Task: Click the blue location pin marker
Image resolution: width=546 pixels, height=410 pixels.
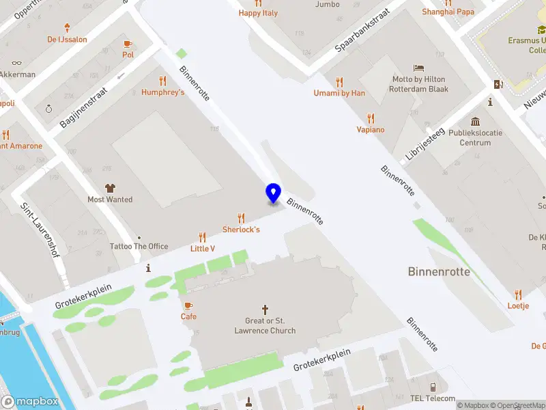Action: point(273,193)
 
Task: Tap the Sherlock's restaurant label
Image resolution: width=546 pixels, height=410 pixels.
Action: point(241,230)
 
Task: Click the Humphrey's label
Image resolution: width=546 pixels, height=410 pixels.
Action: point(163,92)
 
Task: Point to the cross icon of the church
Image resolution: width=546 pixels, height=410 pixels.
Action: point(265,309)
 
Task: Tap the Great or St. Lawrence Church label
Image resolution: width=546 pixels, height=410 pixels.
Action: point(265,326)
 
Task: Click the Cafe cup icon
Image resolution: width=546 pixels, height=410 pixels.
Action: point(188,305)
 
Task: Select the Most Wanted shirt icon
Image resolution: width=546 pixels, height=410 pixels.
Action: point(110,187)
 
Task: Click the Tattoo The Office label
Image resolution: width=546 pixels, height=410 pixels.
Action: point(139,246)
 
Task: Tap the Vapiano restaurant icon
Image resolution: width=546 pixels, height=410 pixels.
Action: point(371,118)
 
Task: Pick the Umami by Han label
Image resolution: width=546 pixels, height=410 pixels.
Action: point(339,93)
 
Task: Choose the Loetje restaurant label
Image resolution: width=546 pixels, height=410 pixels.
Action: point(518,305)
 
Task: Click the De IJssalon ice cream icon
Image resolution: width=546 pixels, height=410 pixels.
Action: point(67,28)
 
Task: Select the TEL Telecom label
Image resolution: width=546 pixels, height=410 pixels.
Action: point(432,398)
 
